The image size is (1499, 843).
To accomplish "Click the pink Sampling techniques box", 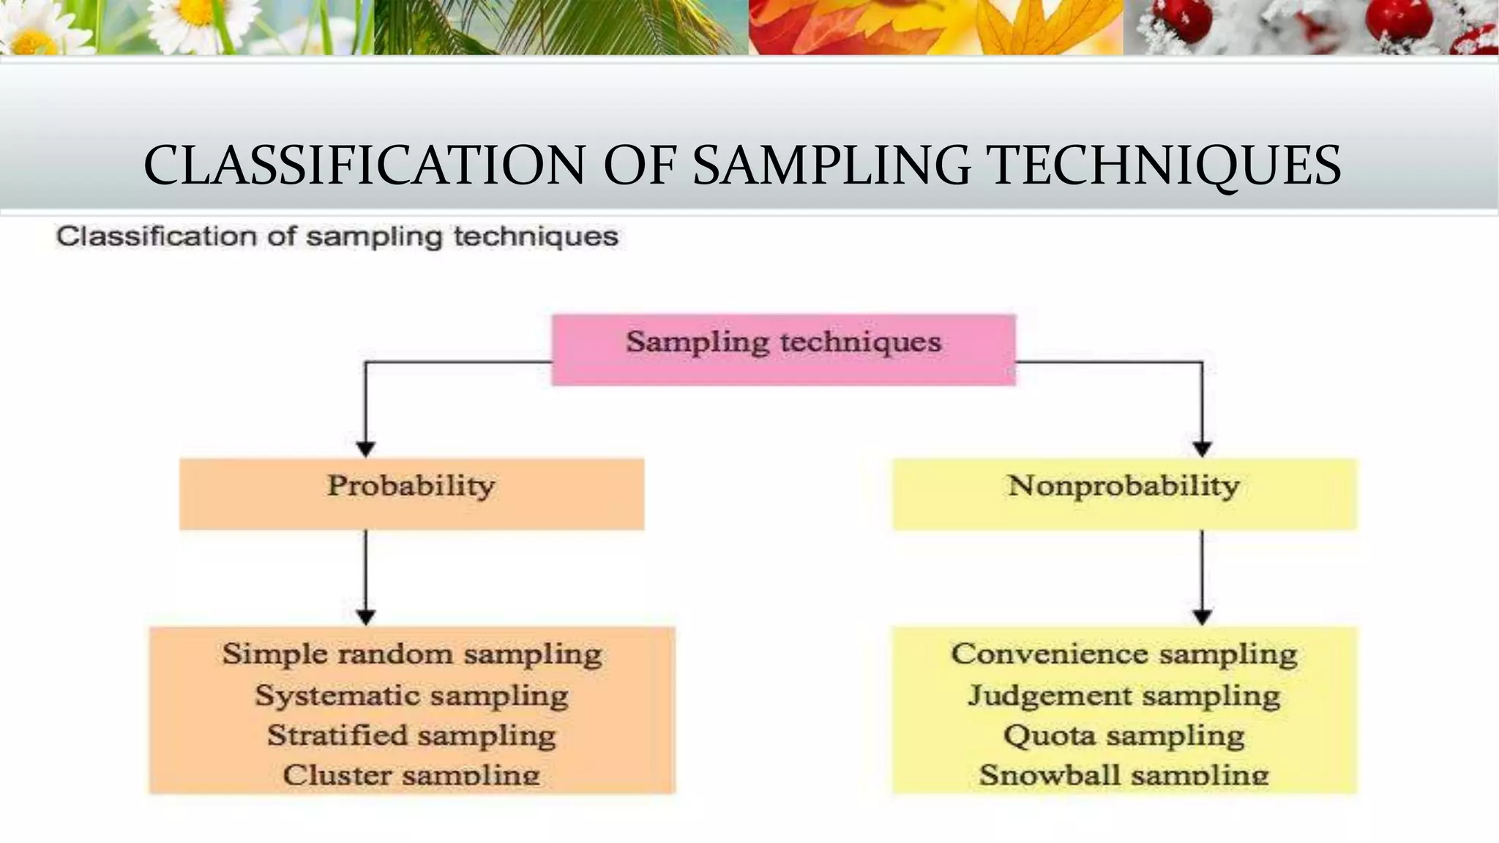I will (x=783, y=349).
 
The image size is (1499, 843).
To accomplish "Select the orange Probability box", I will (x=411, y=493).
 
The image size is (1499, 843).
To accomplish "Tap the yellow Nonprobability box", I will (x=1124, y=493).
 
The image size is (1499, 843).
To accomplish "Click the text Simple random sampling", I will (x=412, y=653).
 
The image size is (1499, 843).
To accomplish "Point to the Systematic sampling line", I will (x=411, y=695).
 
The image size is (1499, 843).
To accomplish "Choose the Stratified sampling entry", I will (x=411, y=735).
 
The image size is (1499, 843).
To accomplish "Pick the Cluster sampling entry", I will (x=411, y=775).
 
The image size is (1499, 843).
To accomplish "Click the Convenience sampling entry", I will (x=1124, y=653).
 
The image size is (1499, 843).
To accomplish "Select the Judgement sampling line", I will (x=1124, y=695).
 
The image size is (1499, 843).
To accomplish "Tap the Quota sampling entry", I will (x=1124, y=735).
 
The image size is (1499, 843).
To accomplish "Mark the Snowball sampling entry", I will (x=1124, y=775).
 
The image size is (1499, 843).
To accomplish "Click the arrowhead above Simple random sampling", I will (x=365, y=617).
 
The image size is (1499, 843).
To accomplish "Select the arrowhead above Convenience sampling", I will (x=1202, y=617).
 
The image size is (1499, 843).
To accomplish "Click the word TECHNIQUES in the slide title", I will (x=1157, y=165).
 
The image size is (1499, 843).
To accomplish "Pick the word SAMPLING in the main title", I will (x=831, y=165).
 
